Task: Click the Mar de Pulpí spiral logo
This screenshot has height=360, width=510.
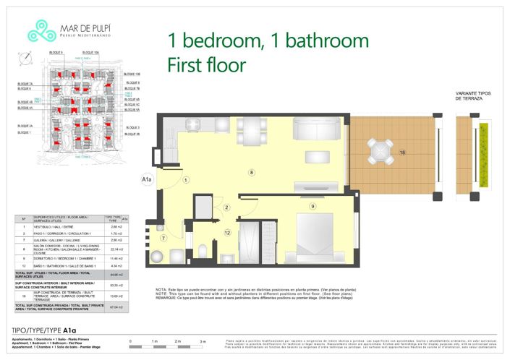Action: [38, 30]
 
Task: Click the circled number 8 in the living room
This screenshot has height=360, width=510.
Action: [251, 172]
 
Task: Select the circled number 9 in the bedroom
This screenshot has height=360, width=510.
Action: [312, 206]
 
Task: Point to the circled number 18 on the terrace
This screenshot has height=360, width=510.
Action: [402, 152]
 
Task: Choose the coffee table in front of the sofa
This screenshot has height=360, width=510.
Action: [316, 158]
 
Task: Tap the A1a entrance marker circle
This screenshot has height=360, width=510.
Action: [146, 177]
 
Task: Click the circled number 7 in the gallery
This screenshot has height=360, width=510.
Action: [164, 238]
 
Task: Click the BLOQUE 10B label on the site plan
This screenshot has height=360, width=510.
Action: [132, 74]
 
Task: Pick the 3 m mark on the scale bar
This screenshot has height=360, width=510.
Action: [203, 340]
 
